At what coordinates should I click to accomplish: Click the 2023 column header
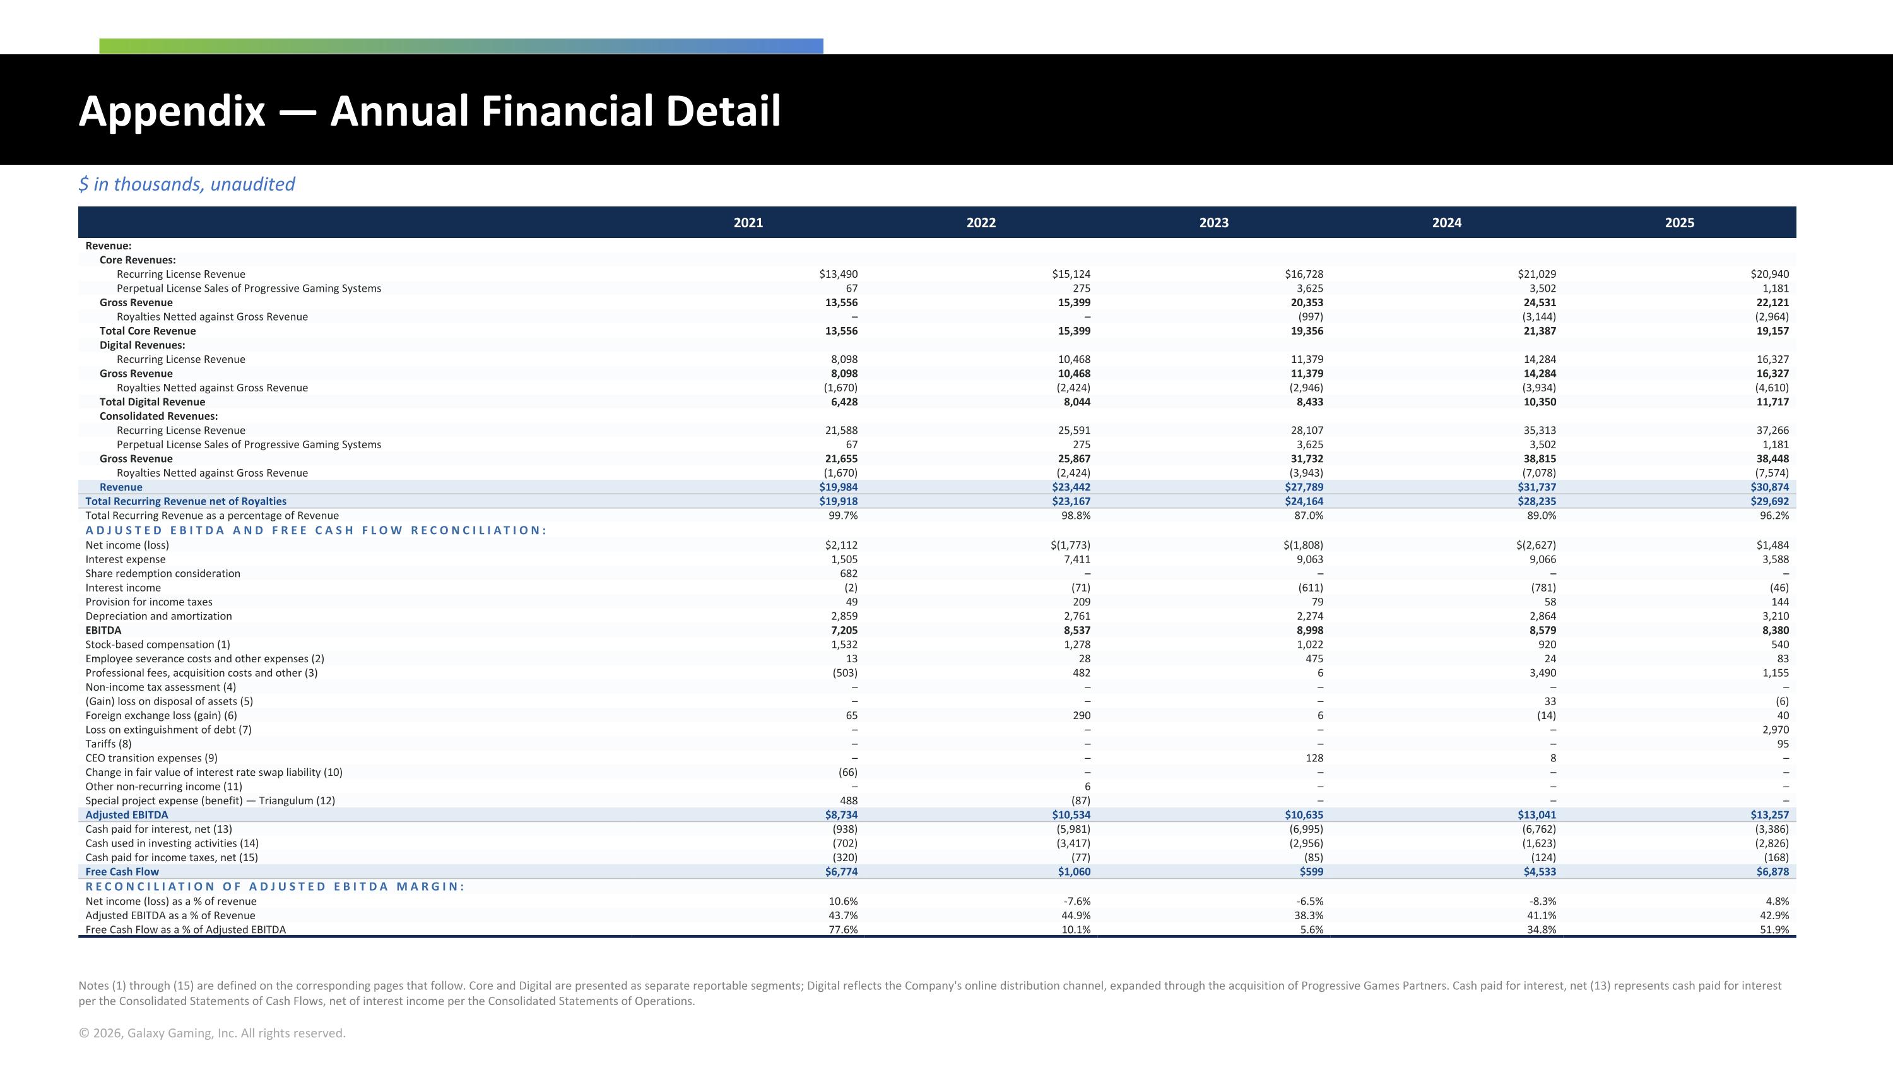click(1213, 223)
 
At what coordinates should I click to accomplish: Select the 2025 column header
click(1679, 223)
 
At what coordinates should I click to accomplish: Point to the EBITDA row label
click(103, 630)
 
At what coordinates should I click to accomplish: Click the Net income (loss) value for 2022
click(1071, 545)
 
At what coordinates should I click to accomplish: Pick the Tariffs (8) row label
click(109, 744)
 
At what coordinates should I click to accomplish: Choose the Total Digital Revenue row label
click(152, 402)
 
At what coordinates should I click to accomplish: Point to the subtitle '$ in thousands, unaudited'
click(187, 184)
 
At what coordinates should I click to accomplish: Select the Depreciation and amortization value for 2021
click(844, 616)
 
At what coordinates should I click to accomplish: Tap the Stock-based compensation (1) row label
click(157, 645)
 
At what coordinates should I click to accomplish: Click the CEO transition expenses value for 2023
click(1314, 758)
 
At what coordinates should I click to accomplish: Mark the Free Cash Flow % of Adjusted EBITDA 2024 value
click(1542, 929)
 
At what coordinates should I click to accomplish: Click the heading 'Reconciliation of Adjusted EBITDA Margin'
click(275, 886)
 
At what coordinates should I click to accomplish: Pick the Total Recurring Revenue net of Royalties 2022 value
click(1071, 501)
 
